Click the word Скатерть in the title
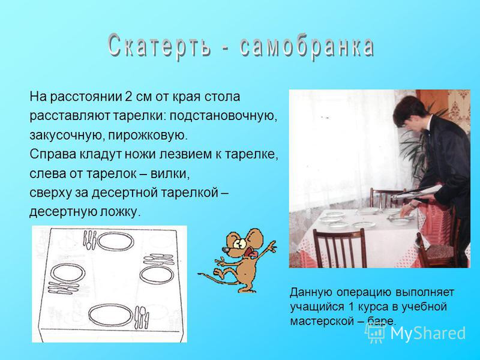pyautogui.click(x=159, y=47)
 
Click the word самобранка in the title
pyautogui.click(x=307, y=47)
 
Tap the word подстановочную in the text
pyautogui.click(x=223, y=116)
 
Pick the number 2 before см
pyautogui.click(x=128, y=97)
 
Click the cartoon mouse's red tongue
pyautogui.click(x=253, y=254)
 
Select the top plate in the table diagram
pyautogui.click(x=116, y=241)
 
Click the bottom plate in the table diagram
pyautogui.click(x=110, y=315)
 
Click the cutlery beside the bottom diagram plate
pyautogui.click(x=142, y=317)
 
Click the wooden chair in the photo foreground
pyautogui.click(x=340, y=248)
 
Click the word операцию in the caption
pyautogui.click(x=363, y=292)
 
